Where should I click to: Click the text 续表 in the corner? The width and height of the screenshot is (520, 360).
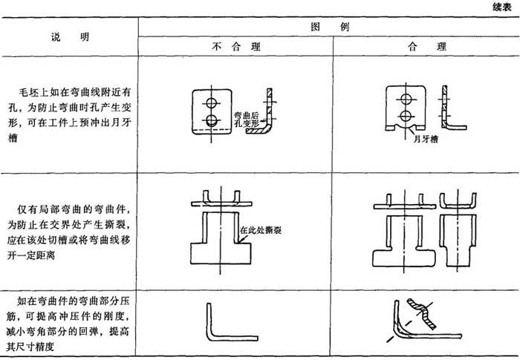click(502, 7)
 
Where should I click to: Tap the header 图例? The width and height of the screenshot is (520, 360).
click(328, 24)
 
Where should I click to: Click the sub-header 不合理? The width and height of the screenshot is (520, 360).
click(235, 46)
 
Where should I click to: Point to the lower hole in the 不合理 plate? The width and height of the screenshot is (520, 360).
click(211, 120)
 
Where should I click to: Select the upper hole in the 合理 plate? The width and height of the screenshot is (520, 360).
click(406, 96)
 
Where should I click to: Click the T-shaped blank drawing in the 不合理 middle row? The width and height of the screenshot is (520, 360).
click(219, 238)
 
